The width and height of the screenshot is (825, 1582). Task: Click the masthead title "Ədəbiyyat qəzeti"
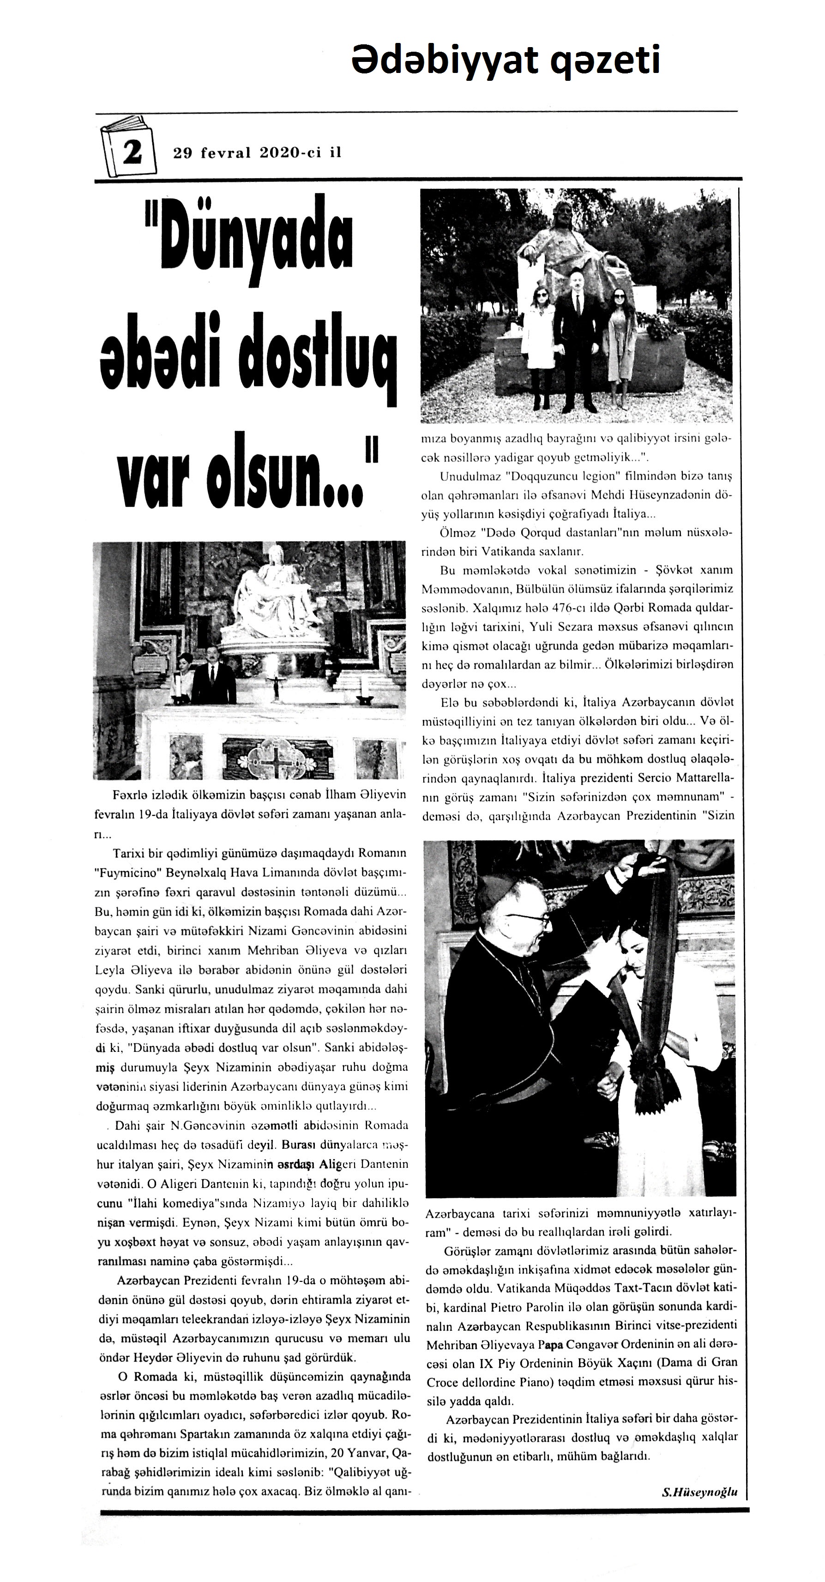(x=505, y=60)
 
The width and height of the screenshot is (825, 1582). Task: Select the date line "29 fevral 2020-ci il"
(x=257, y=153)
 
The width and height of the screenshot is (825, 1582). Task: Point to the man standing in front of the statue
(x=577, y=338)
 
